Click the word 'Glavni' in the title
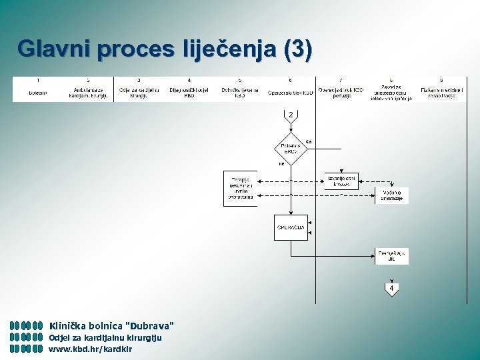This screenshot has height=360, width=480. [55, 49]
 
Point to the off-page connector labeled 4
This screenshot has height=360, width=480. [391, 289]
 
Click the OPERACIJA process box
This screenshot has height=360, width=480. [291, 227]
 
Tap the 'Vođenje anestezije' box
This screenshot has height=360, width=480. [391, 195]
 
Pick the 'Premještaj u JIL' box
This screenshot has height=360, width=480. [391, 255]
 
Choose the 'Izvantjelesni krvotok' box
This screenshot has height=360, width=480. [341, 181]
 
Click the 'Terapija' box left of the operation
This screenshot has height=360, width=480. [240, 188]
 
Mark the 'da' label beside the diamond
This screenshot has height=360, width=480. [309, 141]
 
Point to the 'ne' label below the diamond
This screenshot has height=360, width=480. [281, 163]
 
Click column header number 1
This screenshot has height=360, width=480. [37, 81]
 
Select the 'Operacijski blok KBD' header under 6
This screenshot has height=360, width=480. [290, 92]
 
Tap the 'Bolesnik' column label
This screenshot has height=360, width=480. [37, 92]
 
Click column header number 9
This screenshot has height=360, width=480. [441, 81]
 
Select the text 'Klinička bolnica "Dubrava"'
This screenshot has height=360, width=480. [112, 326]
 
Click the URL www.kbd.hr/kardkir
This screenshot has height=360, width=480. [91, 349]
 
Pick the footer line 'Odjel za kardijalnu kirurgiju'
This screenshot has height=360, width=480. [105, 337]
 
